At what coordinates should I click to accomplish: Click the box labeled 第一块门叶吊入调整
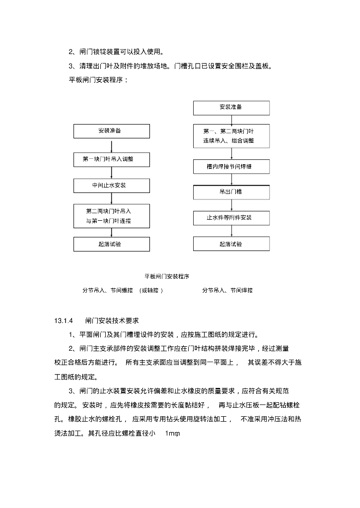tap(112, 159)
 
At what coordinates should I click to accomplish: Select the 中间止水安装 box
tap(112, 185)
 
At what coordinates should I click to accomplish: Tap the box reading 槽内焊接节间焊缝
tap(231, 166)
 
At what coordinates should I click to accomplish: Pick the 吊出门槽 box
tap(231, 192)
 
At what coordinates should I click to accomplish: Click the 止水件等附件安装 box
tap(231, 218)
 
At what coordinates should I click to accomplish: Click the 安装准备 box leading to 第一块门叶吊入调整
tap(112, 131)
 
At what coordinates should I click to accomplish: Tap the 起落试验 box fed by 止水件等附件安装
tap(231, 244)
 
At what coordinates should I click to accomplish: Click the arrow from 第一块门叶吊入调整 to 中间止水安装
tap(112, 173)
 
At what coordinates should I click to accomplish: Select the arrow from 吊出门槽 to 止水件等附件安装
tap(231, 205)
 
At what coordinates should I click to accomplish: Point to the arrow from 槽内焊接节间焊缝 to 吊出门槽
tap(231, 179)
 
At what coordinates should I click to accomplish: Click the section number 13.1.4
tap(64, 320)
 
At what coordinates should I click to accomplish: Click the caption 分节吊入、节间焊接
tap(227, 290)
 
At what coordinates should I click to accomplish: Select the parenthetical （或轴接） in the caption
tap(151, 290)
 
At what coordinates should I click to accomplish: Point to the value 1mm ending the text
tap(172, 434)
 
